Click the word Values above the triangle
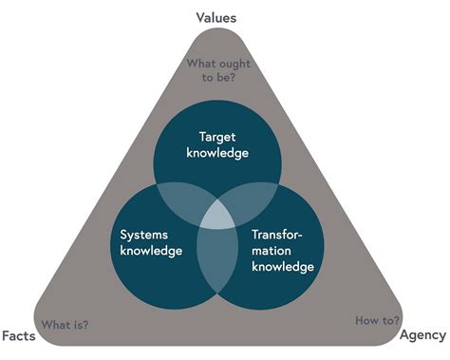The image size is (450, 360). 216,17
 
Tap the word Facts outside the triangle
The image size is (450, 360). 18,335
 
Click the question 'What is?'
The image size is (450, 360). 65,324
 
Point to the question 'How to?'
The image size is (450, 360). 377,320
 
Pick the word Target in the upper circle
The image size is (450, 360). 217,136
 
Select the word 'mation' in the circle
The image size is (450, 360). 272,250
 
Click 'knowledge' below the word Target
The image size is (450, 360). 217,152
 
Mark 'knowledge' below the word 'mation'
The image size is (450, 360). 283,267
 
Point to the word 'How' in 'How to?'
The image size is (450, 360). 367,320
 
